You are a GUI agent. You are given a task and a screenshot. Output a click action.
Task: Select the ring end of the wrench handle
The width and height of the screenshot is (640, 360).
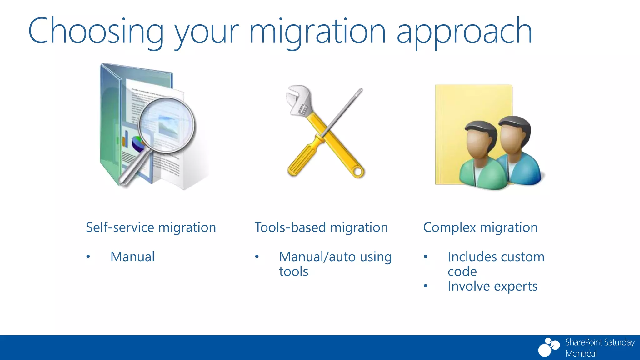(x=358, y=172)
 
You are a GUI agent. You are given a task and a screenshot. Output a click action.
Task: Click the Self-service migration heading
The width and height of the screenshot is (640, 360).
(x=151, y=227)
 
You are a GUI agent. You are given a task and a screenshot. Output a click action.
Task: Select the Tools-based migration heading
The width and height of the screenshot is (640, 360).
(x=321, y=227)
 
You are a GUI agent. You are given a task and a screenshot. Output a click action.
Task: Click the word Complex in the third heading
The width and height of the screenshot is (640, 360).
(x=449, y=227)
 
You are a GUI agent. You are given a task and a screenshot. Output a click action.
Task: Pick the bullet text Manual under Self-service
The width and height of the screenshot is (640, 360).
(x=132, y=257)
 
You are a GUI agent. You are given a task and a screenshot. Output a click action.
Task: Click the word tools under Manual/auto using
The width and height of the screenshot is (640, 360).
(x=293, y=272)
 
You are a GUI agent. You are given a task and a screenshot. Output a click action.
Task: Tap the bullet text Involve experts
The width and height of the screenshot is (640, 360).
(x=492, y=286)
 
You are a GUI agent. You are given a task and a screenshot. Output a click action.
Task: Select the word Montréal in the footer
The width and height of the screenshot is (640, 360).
(x=581, y=353)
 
